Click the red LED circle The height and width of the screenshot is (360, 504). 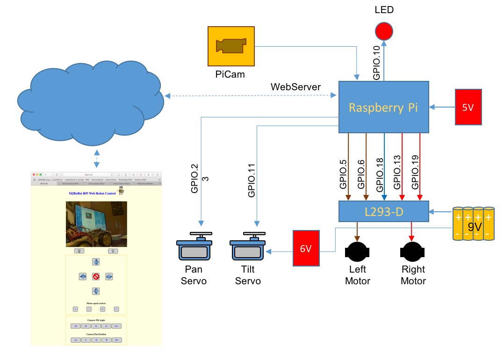click(384, 31)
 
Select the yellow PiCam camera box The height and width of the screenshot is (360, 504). click(231, 46)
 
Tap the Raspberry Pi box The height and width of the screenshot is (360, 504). click(383, 107)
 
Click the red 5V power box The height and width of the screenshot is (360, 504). click(468, 107)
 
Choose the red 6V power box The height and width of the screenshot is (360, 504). click(306, 248)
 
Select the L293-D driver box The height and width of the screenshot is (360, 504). click(383, 211)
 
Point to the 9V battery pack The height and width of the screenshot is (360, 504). click(473, 223)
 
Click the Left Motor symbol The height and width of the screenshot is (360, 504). click(358, 252)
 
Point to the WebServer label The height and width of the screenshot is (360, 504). click(295, 87)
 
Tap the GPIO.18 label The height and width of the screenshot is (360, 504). click(379, 173)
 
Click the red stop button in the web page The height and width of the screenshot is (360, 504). click(96, 276)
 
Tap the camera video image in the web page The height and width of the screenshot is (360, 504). click(96, 224)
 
